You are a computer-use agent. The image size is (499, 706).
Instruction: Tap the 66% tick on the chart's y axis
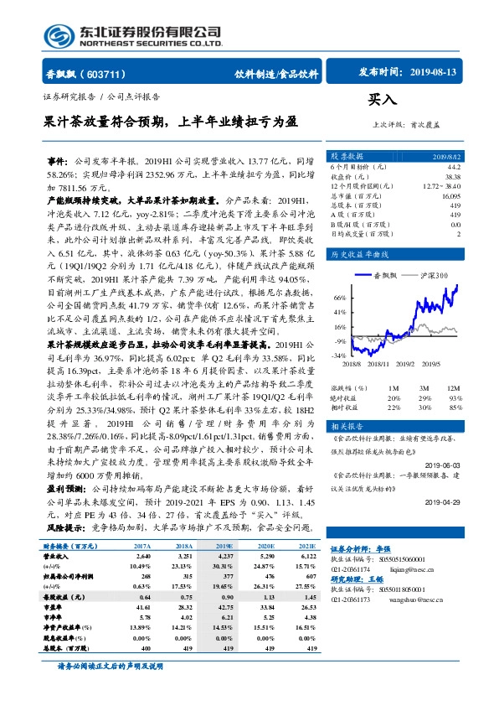point(339,297)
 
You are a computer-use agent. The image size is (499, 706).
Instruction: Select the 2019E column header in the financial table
point(226,546)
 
